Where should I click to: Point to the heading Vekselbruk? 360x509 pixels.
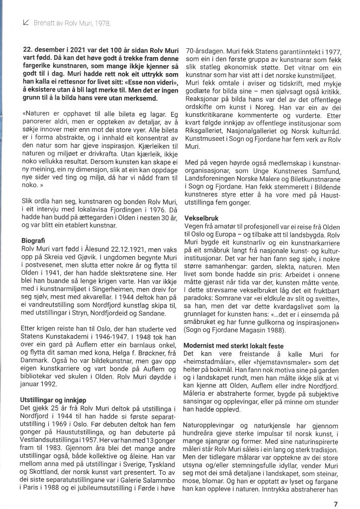[x=200, y=218]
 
